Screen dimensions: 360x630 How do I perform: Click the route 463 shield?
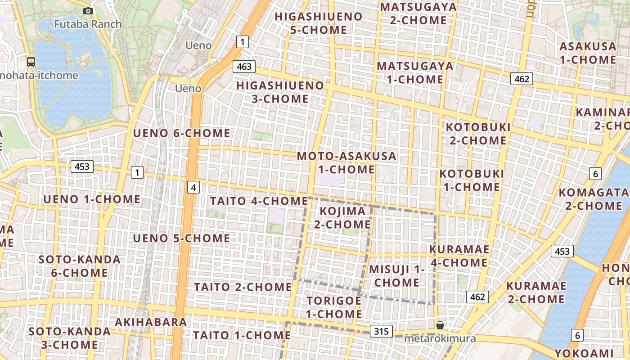244,67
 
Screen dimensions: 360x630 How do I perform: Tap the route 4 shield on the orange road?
193,187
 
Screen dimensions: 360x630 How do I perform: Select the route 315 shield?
381,332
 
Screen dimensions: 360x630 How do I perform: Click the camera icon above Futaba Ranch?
88,11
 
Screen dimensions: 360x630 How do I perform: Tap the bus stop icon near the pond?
31,62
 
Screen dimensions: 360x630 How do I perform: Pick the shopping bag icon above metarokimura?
440,325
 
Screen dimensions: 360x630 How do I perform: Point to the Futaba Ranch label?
88,24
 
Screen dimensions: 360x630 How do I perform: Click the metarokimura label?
440,338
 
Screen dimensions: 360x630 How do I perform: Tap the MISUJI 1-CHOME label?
397,276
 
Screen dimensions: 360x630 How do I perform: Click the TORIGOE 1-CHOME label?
334,307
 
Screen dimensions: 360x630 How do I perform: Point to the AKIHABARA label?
151,322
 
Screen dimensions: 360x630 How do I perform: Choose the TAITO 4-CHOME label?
259,201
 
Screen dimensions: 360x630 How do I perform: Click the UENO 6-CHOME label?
181,133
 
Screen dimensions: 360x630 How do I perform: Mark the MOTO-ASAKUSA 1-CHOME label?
346,162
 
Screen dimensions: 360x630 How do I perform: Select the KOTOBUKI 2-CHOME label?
478,134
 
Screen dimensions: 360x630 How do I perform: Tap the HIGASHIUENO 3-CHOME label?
280,92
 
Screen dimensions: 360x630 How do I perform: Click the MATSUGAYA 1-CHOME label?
415,72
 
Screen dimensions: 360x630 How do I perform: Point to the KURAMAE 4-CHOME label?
459,256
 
